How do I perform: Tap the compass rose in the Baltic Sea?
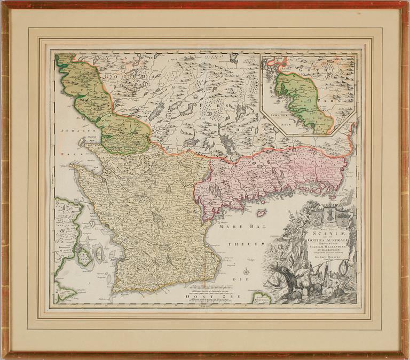click(246, 272)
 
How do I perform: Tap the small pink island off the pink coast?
click(261, 212)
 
